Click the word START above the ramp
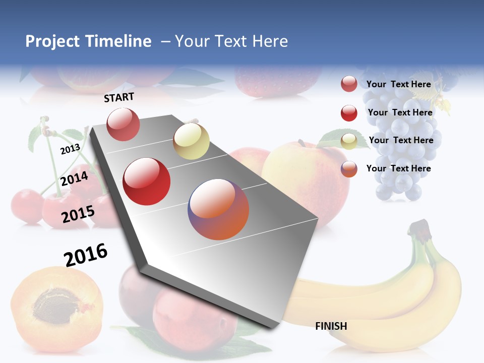119,97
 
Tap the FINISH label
331,326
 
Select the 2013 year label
70,149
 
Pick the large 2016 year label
86,255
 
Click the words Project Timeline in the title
88,41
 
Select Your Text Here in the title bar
231,41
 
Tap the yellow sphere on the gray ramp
191,141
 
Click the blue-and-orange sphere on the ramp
218,209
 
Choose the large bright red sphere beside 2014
147,181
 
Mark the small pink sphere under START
123,124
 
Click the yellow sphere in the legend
349,141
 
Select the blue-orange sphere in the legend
349,169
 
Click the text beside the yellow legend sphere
401,140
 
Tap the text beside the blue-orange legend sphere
398,168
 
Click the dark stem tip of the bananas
417,228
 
